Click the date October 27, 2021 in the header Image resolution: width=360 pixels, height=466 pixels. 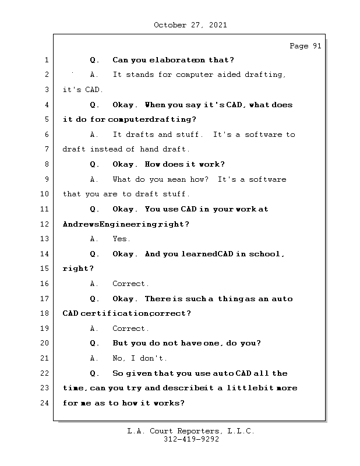pyautogui.click(x=190, y=25)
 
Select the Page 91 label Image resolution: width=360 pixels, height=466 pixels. pyautogui.click(x=305, y=47)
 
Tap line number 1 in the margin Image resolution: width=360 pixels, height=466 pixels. pyautogui.click(x=46, y=60)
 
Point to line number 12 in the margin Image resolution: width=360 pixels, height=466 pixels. pyautogui.click(x=44, y=224)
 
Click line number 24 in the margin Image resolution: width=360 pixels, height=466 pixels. pyautogui.click(x=44, y=403)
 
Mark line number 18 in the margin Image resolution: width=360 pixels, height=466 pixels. pyautogui.click(x=44, y=313)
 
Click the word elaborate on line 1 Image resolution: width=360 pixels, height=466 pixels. pyautogui.click(x=171, y=60)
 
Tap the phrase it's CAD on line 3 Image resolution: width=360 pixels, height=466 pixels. pyautogui.click(x=83, y=90)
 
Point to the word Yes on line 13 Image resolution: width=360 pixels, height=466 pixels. pyautogui.click(x=121, y=239)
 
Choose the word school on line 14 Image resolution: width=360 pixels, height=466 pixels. pyautogui.click(x=266, y=254)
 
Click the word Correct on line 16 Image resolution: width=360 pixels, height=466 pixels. pyautogui.click(x=130, y=284)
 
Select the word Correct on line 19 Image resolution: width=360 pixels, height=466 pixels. pyautogui.click(x=130, y=329)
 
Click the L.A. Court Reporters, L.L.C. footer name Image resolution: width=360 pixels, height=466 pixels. pyautogui.click(x=190, y=432)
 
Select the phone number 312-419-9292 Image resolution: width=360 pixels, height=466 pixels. pyautogui.click(x=191, y=440)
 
